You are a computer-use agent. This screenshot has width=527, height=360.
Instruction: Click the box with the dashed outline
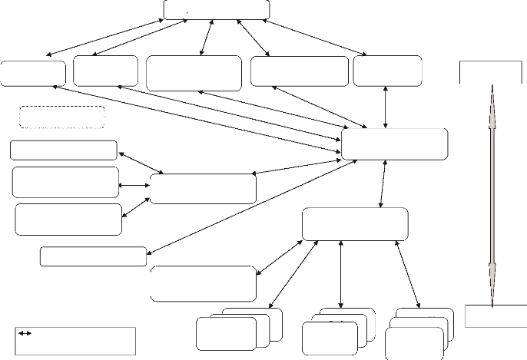click(x=61, y=117)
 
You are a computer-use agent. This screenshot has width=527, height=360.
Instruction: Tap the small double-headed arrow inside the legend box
click(x=25, y=334)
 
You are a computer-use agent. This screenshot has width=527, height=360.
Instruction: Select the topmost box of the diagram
click(x=217, y=9)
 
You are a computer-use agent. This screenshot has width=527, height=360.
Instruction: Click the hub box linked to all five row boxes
click(x=395, y=144)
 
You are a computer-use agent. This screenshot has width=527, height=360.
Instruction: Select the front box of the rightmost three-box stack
click(x=415, y=343)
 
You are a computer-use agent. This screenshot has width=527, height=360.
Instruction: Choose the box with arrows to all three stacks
click(x=355, y=223)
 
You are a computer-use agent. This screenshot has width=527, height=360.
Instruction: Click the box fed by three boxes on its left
click(x=203, y=189)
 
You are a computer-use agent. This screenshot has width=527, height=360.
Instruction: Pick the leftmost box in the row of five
click(x=33, y=72)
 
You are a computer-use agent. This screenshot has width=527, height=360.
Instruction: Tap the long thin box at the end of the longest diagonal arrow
click(x=93, y=256)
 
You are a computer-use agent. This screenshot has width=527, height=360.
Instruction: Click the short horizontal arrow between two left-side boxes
click(x=134, y=185)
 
